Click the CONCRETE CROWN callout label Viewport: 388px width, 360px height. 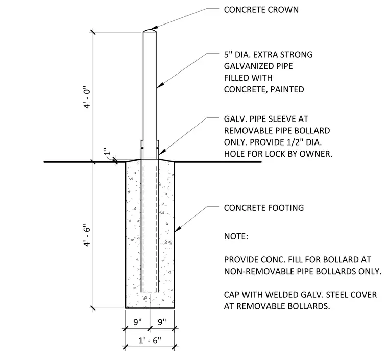(261, 10)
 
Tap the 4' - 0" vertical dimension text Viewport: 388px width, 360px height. (87, 97)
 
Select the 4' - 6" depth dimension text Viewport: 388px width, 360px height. (87, 235)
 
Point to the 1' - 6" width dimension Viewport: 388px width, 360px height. (150, 340)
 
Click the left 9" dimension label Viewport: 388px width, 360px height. (137, 322)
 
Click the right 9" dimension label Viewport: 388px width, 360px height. (162, 322)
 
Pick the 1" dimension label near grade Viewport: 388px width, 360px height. (106, 152)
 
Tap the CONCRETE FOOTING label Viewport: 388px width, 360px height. (264, 208)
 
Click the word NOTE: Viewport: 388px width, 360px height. (236, 236)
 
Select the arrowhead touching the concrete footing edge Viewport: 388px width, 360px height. (178, 229)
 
